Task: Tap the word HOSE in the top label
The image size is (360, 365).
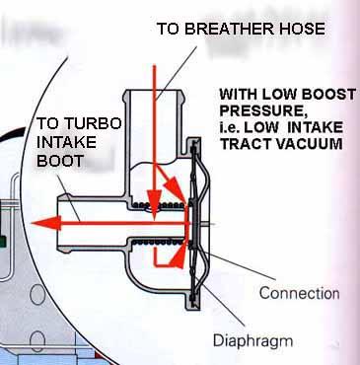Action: [x=299, y=29]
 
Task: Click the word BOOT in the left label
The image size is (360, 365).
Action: [x=59, y=161]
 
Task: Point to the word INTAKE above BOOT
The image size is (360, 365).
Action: [x=66, y=142]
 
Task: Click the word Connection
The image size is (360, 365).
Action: [x=300, y=293]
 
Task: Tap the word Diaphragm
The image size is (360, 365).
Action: [x=252, y=341]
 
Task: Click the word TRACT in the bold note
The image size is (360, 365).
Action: [x=245, y=144]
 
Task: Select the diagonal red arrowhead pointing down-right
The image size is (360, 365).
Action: [x=175, y=188]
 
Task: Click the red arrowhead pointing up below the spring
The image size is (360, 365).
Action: [x=180, y=255]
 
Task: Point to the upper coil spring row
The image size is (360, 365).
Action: [x=158, y=205]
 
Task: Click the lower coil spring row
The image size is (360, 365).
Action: [x=157, y=243]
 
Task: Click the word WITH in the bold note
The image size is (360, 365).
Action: [x=240, y=95]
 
